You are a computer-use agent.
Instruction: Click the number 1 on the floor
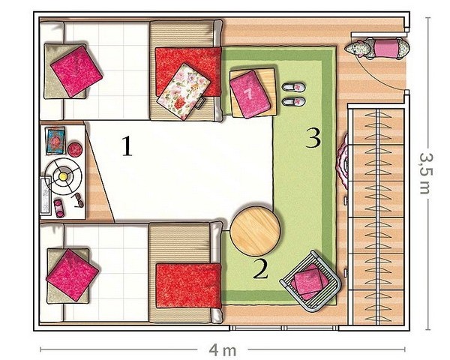(x=127, y=145)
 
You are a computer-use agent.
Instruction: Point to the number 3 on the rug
(x=313, y=138)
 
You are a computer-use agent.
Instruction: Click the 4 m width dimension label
(x=223, y=350)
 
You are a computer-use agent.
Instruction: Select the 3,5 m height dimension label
(x=426, y=173)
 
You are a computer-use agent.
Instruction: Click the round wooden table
(x=255, y=232)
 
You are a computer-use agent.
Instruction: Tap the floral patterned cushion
(x=184, y=91)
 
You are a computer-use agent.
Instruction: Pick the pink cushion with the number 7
(x=250, y=94)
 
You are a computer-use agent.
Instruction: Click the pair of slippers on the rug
(x=293, y=94)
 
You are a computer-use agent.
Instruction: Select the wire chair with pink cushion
(x=310, y=281)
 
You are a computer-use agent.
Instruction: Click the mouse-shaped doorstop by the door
(x=376, y=48)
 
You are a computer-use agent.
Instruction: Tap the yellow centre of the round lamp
(x=63, y=176)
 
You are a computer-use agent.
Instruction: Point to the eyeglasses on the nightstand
(x=78, y=200)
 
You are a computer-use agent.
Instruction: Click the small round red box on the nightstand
(x=76, y=149)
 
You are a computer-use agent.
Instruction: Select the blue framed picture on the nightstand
(x=55, y=141)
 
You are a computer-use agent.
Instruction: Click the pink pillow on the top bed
(x=76, y=71)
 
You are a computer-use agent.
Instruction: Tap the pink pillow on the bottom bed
(x=72, y=274)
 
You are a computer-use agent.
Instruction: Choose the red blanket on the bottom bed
(x=188, y=286)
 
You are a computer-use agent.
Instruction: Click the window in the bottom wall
(x=284, y=328)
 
